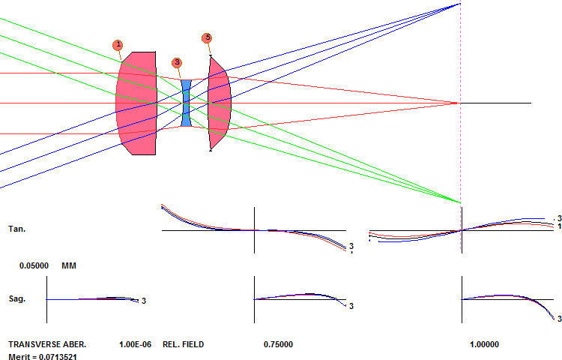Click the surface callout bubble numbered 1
point(118,45)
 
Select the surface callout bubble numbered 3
point(177,63)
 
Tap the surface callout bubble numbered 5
point(207,38)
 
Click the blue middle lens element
point(186,103)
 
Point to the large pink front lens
point(136,103)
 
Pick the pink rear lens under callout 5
point(220,103)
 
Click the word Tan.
point(16,229)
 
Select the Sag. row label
point(16,298)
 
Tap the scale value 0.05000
point(34,265)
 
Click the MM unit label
point(69,265)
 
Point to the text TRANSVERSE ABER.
point(47,344)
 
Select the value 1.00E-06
point(135,344)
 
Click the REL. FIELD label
point(183,344)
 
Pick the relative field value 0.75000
point(278,344)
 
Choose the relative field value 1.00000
point(484,344)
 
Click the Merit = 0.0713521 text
point(43,357)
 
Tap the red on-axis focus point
point(454,103)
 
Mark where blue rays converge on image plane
point(460,4)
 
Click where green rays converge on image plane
point(460,203)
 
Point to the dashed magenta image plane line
point(461,125)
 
